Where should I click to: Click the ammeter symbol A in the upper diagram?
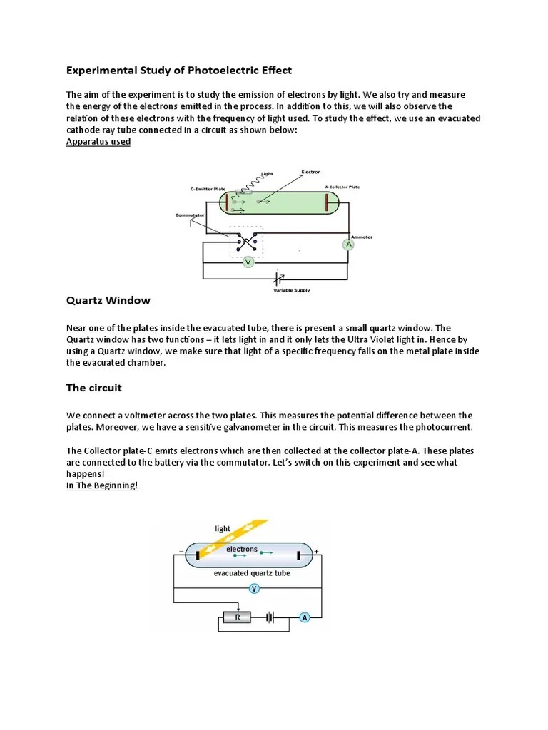pos(349,245)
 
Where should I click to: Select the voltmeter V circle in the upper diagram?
pos(248,262)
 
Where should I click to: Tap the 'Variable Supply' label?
pos(292,290)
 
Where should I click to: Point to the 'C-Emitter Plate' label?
pos(208,189)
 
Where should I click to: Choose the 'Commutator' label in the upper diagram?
pos(190,215)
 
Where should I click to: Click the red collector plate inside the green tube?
pos(328,202)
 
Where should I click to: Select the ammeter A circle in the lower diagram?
pos(305,617)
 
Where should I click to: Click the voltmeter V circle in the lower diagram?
pos(254,588)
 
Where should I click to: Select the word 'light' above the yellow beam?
pos(223,528)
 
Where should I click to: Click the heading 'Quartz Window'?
pos(108,301)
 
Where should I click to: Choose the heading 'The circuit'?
pos(94,388)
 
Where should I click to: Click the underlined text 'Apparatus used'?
pos(98,141)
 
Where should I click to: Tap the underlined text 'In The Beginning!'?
pos(101,485)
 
